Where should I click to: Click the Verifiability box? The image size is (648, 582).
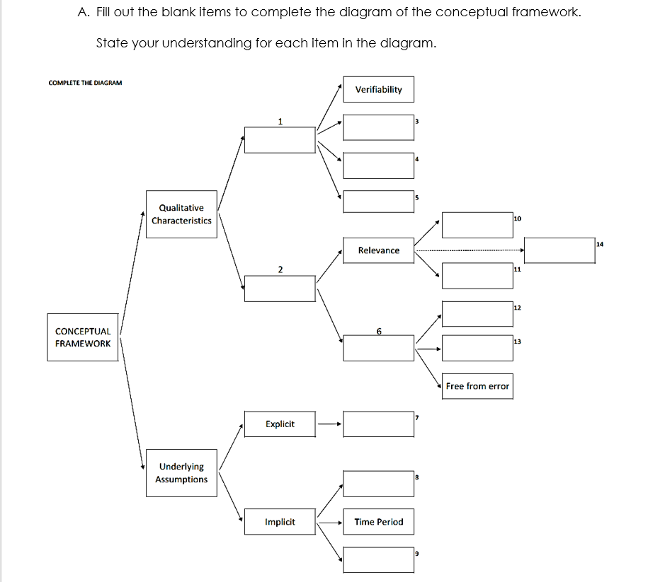click(378, 90)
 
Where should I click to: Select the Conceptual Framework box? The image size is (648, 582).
click(83, 337)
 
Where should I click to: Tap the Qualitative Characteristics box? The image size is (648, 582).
click(181, 214)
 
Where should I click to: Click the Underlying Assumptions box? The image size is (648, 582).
click(181, 473)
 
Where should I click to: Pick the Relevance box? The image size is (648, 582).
click(378, 250)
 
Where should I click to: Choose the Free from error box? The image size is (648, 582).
click(477, 386)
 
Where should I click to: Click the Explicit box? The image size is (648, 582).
click(280, 424)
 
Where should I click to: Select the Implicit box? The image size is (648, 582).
click(280, 522)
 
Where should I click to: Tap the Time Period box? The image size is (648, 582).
click(378, 522)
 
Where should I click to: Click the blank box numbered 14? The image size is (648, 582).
click(559, 250)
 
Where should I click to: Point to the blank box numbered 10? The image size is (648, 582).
click(477, 225)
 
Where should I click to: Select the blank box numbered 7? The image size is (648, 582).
click(378, 424)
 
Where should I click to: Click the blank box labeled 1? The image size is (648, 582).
click(280, 139)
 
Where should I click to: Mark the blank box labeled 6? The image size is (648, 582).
click(378, 348)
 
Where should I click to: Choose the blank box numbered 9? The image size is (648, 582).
click(378, 559)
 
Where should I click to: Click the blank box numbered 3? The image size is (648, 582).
click(378, 127)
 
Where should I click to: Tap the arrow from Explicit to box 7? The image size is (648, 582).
click(329, 424)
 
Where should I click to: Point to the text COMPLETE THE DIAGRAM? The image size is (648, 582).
click(85, 83)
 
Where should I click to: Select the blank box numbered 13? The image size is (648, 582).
click(477, 347)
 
